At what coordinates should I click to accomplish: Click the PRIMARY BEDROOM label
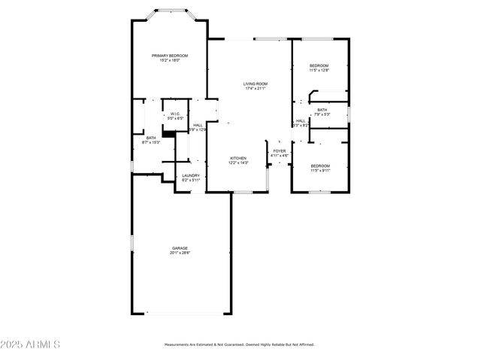(x=169, y=56)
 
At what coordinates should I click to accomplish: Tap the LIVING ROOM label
(x=256, y=83)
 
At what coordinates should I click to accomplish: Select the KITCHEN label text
(x=238, y=158)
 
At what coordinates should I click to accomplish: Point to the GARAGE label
(x=180, y=248)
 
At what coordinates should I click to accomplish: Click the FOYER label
(x=280, y=151)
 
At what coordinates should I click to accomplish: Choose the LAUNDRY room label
(x=191, y=175)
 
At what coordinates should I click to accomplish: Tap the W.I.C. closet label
(x=174, y=114)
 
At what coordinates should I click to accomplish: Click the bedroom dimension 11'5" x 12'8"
(x=319, y=71)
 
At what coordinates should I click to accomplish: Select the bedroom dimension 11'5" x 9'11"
(x=319, y=170)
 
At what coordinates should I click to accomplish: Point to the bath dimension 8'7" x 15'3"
(x=151, y=142)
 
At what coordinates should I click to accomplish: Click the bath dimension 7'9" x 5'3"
(x=322, y=114)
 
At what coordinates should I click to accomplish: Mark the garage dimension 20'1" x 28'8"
(x=180, y=253)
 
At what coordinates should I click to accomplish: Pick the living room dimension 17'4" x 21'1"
(x=256, y=89)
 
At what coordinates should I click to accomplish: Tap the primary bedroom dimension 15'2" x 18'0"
(x=169, y=61)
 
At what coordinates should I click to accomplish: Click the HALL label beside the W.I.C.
(x=198, y=125)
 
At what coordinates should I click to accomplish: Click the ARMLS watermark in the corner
(x=30, y=344)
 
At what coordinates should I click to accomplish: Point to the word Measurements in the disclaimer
(x=182, y=344)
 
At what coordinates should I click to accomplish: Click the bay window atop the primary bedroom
(x=171, y=11)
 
